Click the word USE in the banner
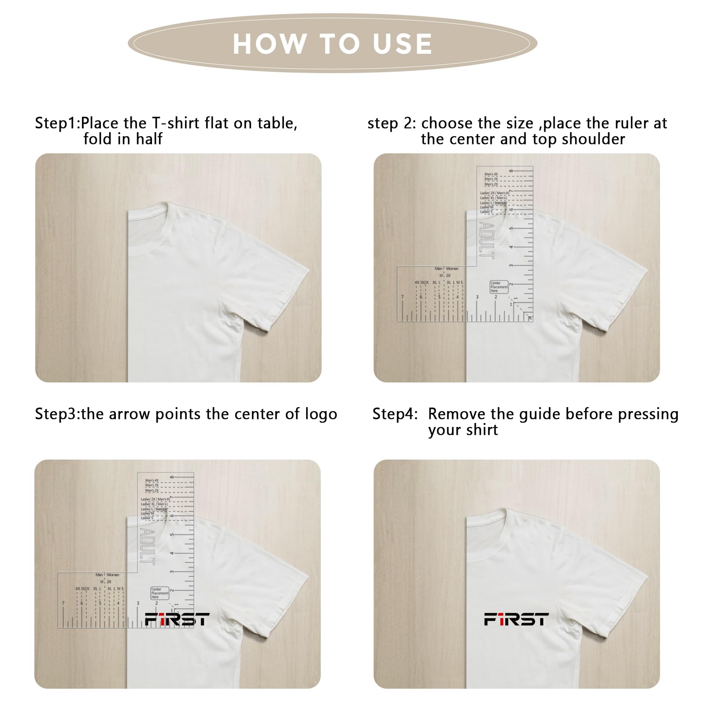[x=402, y=44]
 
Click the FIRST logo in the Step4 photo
[x=516, y=619]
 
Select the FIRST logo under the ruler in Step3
[x=177, y=619]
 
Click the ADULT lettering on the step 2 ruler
[x=486, y=240]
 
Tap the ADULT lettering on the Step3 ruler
[x=147, y=546]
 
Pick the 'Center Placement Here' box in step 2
[x=499, y=287]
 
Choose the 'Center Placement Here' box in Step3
[x=160, y=593]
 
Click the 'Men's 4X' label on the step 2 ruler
[x=491, y=174]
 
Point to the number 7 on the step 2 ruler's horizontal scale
[x=402, y=297]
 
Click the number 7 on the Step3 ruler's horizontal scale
[x=63, y=604]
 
